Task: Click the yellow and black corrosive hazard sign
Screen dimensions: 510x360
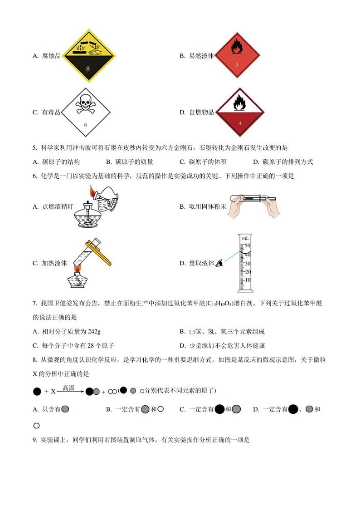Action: coord(88,56)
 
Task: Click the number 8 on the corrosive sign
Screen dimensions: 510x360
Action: coord(88,69)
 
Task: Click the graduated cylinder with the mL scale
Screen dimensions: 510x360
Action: coord(245,263)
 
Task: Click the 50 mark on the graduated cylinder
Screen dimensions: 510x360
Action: coord(248,245)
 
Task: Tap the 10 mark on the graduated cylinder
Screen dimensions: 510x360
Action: coord(248,280)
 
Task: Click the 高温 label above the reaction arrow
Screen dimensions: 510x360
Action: coord(68,388)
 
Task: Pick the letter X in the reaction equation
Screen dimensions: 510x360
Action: coord(53,392)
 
